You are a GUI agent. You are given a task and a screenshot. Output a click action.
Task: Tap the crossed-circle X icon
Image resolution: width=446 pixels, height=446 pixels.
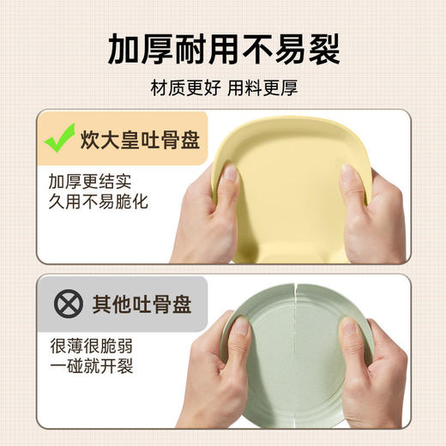[x=61, y=303]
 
